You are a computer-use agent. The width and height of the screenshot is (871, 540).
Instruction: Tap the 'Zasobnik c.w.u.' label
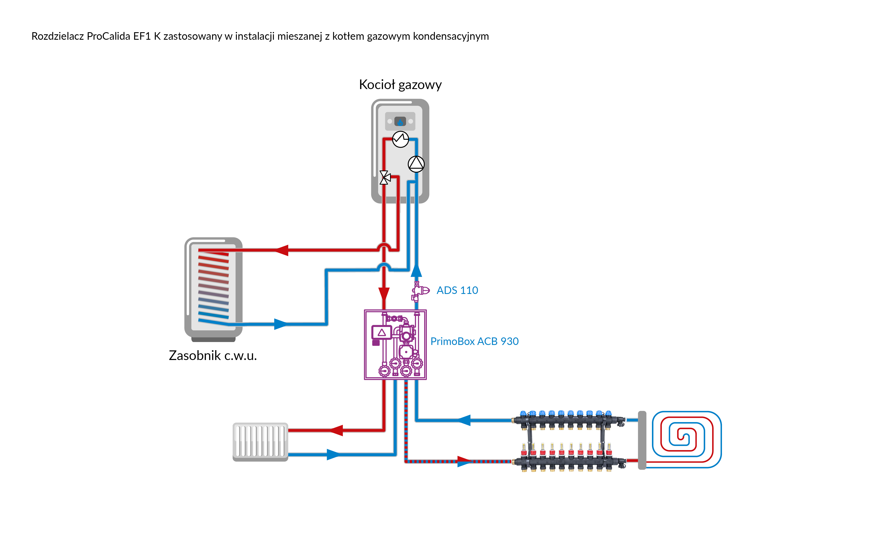213,356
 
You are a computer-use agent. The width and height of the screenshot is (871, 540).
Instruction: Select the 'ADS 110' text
457,290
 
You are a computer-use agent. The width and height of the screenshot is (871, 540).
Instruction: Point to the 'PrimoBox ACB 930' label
474,341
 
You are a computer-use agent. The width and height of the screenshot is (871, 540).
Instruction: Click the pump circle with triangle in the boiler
416,164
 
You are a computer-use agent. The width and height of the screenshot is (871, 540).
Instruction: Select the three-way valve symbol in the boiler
384,177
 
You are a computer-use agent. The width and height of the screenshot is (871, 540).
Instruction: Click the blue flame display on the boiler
400,122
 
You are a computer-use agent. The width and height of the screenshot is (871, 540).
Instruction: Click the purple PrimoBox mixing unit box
395,345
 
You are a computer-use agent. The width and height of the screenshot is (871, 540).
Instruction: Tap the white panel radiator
260,442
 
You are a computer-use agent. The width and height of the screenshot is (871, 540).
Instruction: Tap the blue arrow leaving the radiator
333,455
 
